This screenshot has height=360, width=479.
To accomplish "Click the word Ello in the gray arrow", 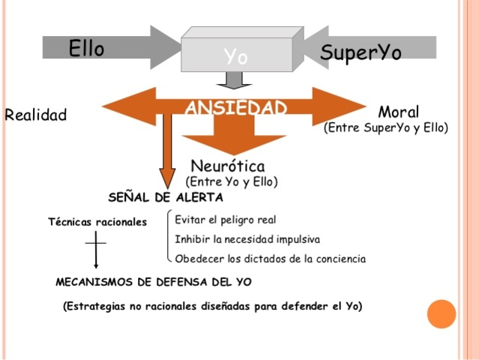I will (86, 49).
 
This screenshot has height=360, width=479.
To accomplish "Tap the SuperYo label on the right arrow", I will (360, 52).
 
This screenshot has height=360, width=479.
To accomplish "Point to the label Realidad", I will (35, 115).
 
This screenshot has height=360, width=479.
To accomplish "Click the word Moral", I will (398, 112).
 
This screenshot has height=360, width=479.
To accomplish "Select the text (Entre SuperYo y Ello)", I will (385, 127).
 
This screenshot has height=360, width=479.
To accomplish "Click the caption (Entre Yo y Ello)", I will (232, 181).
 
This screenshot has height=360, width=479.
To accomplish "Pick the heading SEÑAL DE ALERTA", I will (165, 198).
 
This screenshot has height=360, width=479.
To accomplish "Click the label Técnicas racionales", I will (97, 222).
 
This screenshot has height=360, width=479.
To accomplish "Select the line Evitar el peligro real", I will (225, 220).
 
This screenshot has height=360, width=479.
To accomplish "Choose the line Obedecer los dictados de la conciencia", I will (270, 259).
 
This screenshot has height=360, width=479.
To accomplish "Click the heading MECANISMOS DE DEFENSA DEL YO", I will (154, 282).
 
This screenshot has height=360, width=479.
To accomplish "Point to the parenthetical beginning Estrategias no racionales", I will (212, 306).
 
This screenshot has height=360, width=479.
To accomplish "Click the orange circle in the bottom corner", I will (442, 314).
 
